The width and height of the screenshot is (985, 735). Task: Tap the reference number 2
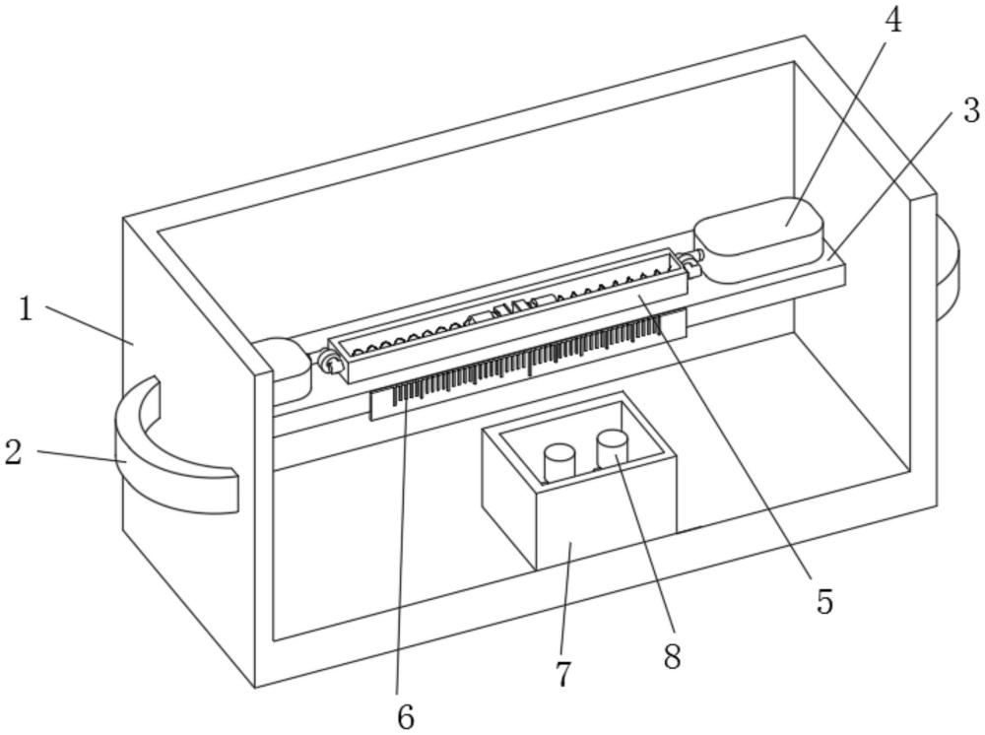[14, 453]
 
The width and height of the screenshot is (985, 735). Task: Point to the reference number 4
[892, 22]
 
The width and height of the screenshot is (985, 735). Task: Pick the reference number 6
[405, 716]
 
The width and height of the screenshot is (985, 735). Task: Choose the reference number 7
[563, 674]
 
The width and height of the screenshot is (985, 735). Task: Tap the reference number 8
[672, 656]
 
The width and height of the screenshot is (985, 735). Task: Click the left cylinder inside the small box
[559, 462]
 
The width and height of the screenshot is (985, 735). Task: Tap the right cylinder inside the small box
[612, 447]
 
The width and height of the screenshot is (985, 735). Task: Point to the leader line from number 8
[645, 552]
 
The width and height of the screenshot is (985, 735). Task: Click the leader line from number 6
[401, 552]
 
